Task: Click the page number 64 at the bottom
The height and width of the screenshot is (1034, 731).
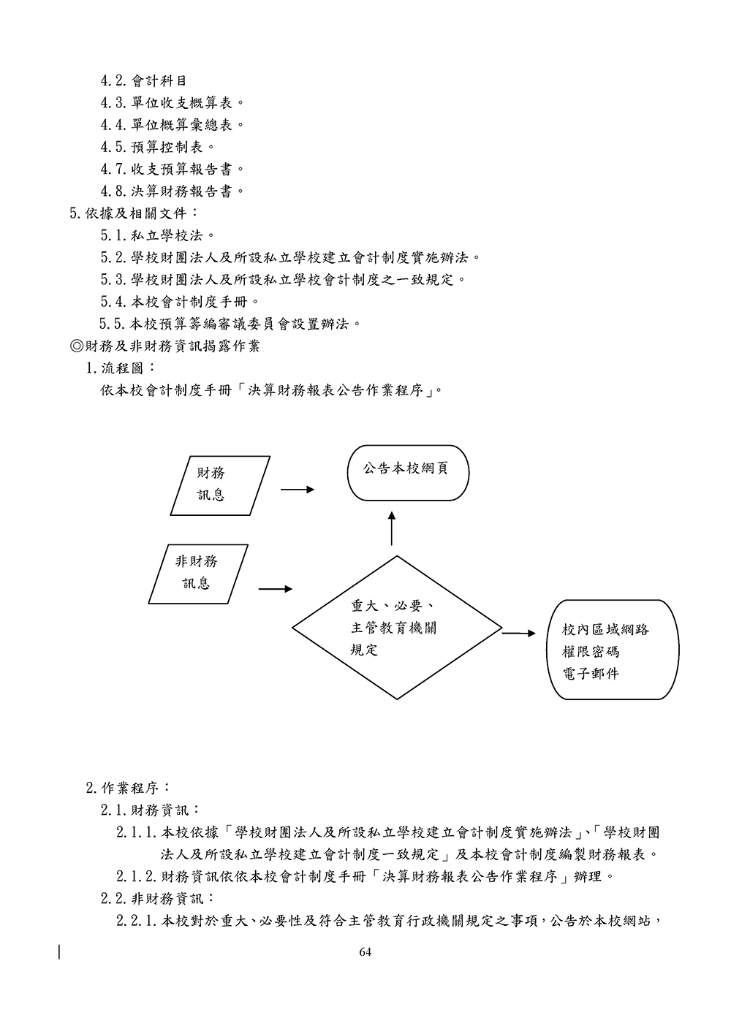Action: point(365,951)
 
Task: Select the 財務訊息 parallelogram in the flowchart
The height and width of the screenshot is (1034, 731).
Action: point(220,485)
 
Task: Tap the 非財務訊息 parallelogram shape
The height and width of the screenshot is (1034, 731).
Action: point(198,574)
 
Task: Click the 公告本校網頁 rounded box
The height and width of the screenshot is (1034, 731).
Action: point(408,473)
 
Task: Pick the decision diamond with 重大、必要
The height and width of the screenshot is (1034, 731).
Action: point(397,628)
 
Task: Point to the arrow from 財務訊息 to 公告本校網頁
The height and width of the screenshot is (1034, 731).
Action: point(298,490)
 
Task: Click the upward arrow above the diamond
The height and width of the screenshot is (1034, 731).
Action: point(392,528)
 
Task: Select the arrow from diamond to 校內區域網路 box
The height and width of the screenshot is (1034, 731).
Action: point(519,633)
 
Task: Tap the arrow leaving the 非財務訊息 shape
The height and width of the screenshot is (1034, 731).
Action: point(276,589)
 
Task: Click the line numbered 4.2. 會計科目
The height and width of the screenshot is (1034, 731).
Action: point(143,80)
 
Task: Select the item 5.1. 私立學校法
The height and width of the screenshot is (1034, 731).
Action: point(158,235)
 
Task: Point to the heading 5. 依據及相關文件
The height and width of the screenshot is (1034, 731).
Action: point(134,213)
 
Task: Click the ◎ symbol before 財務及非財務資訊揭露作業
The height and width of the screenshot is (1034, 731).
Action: point(76,346)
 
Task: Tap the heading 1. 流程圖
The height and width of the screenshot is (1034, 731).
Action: point(121,368)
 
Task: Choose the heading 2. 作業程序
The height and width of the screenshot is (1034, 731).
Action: point(129,788)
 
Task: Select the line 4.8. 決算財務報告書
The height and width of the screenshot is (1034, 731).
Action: point(173,191)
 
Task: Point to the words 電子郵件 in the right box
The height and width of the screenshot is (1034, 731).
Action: point(591,674)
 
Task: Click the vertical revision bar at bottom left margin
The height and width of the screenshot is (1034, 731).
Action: point(58,951)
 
